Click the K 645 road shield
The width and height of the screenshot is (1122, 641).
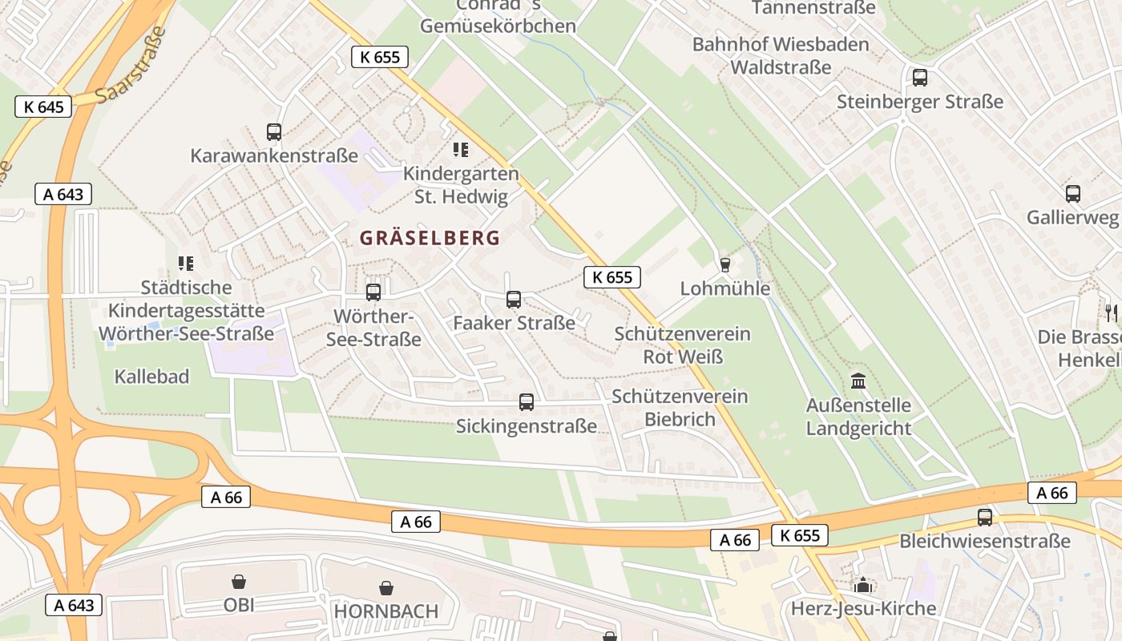(x=43, y=107)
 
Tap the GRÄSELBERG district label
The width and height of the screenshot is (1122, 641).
(x=430, y=238)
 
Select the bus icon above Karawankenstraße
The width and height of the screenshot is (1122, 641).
(x=274, y=132)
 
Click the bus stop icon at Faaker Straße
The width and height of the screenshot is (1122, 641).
(x=514, y=300)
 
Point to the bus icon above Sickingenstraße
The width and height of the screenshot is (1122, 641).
(x=527, y=402)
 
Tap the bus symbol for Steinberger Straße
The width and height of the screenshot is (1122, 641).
(x=920, y=78)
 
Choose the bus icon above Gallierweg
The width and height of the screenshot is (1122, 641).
(x=1073, y=193)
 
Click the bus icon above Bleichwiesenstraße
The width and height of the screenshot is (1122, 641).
(x=985, y=518)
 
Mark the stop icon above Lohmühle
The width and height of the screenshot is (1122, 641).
(x=725, y=264)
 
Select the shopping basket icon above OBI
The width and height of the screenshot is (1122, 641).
(x=239, y=581)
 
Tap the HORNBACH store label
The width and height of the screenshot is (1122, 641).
(x=386, y=611)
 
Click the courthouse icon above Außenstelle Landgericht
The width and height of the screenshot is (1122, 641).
(x=859, y=381)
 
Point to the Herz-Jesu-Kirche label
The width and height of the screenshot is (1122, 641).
(x=863, y=608)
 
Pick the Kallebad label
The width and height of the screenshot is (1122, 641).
(x=151, y=377)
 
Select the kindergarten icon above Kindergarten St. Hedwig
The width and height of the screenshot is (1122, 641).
(x=461, y=149)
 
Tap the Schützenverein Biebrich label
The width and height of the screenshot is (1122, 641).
(x=680, y=408)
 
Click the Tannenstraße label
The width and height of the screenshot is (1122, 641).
(x=813, y=8)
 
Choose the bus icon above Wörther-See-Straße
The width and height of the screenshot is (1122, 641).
(x=373, y=292)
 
